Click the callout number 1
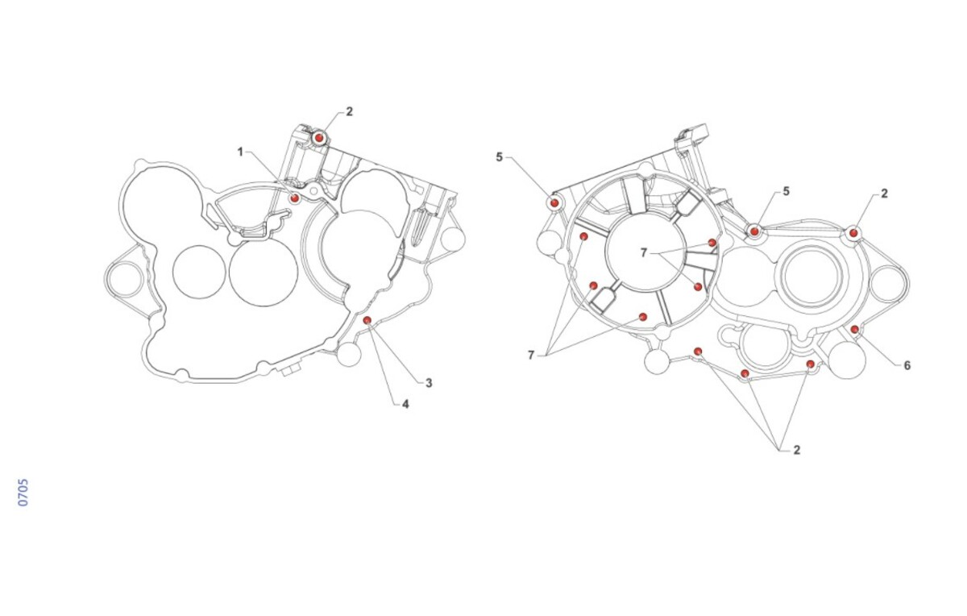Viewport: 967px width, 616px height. tap(240, 152)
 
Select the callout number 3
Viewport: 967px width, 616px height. tap(429, 383)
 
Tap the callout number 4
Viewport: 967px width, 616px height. tap(405, 404)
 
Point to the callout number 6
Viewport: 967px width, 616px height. tap(907, 365)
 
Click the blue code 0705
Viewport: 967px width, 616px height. tap(23, 492)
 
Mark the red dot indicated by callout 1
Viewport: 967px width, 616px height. tap(295, 198)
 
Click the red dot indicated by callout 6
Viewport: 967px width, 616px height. tap(855, 330)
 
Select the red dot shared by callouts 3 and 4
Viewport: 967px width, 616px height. tap(367, 320)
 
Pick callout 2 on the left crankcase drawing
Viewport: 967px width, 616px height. tap(349, 111)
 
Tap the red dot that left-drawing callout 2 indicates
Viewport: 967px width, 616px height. tap(319, 138)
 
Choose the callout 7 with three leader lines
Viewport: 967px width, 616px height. tap(531, 355)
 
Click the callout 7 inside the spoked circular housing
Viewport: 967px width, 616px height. tap(644, 252)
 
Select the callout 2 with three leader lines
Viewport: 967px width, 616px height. tap(797, 450)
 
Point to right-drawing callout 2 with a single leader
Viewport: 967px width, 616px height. tap(885, 194)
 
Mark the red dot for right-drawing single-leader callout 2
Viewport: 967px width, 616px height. tap(853, 233)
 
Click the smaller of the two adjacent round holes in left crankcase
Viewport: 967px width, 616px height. tap(199, 272)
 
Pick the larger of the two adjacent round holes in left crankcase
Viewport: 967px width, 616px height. tap(264, 273)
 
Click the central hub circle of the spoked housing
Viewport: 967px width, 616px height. tap(645, 252)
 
